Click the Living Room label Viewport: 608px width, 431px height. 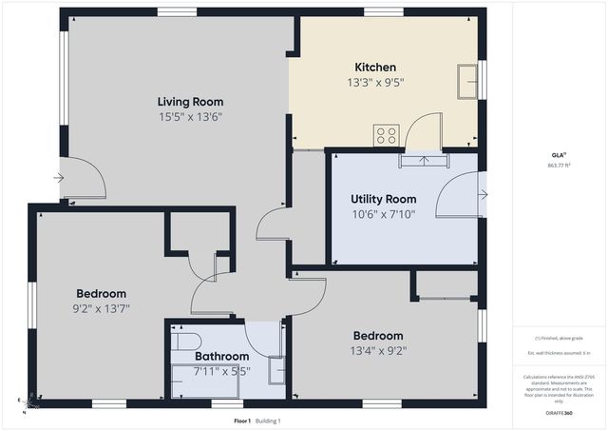[x=190, y=101]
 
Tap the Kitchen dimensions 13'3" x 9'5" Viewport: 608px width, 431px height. [x=375, y=83]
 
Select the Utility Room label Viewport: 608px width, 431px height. [x=383, y=199]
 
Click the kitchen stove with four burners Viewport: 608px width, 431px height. [x=386, y=135]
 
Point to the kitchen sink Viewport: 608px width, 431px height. [x=467, y=81]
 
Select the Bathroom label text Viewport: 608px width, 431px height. [x=221, y=357]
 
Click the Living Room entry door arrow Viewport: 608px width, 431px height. [x=59, y=178]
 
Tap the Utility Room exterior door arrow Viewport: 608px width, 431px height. [x=483, y=195]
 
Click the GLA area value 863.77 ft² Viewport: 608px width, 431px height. [x=558, y=165]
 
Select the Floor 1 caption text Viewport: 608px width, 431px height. [x=242, y=421]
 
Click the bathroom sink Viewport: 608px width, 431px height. [x=275, y=369]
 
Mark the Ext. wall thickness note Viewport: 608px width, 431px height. [x=558, y=354]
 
